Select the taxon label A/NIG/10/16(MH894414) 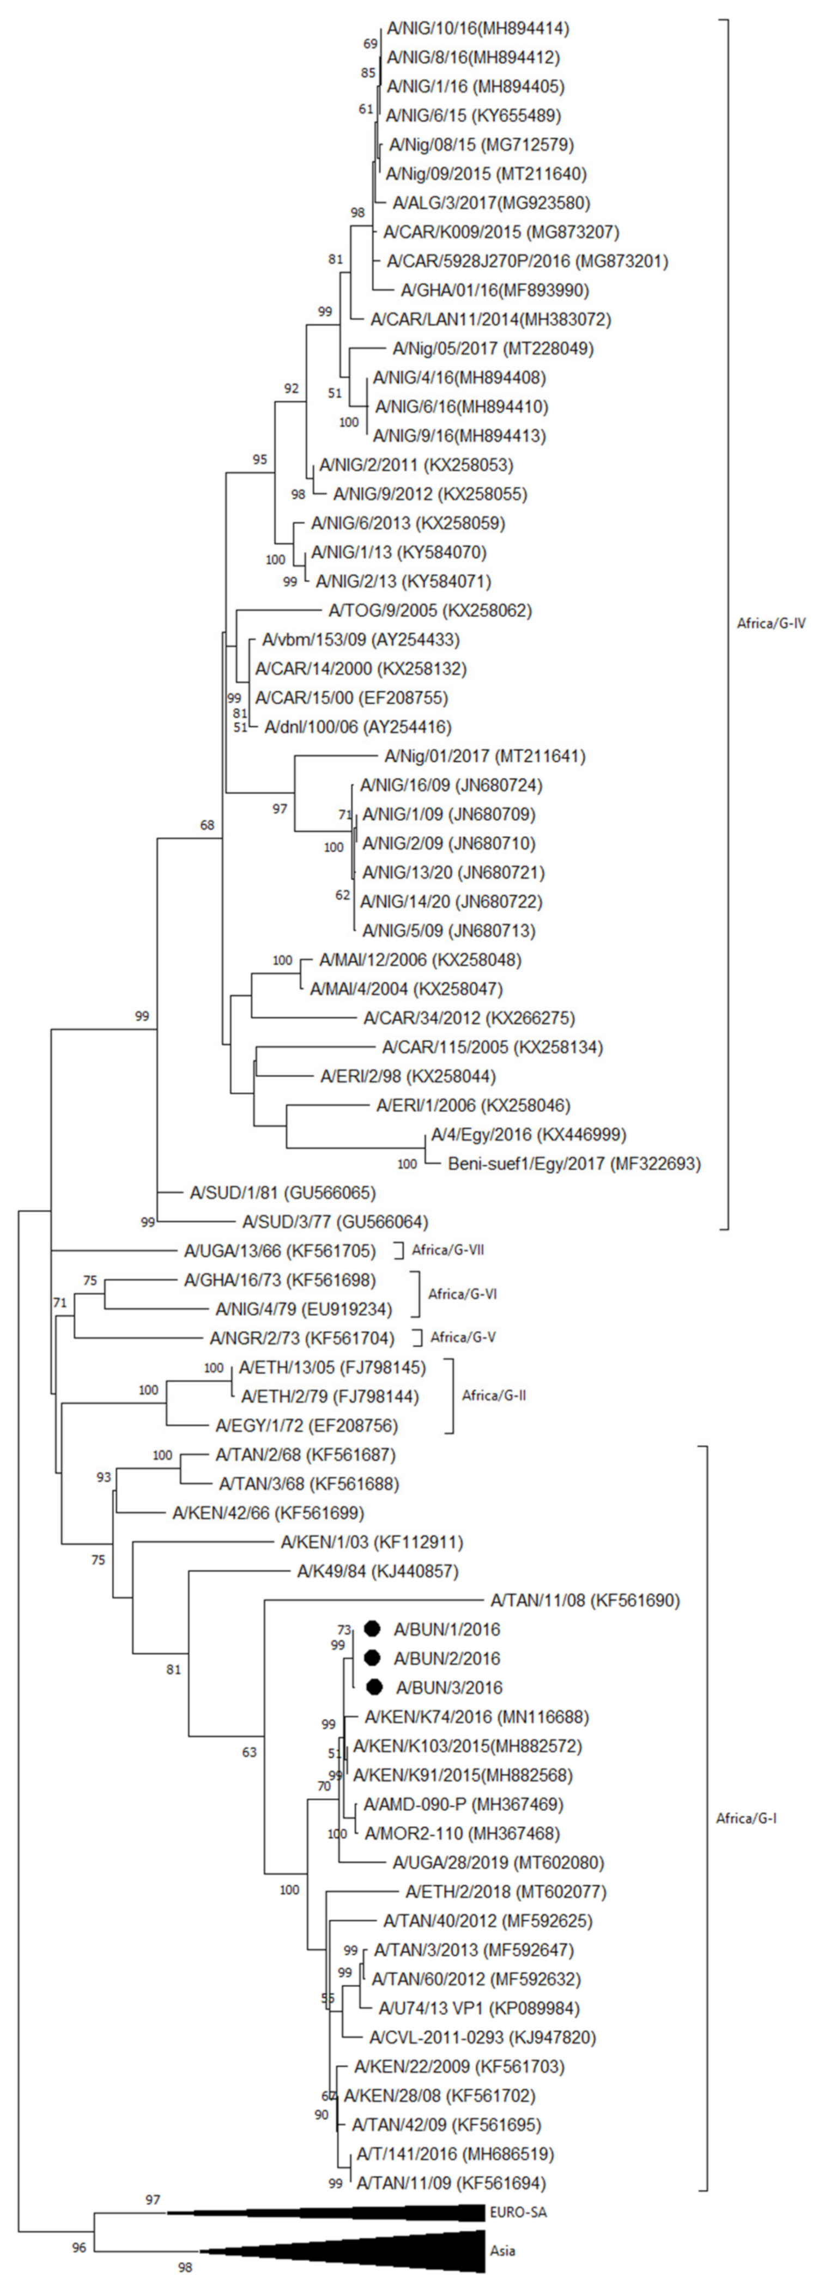pos(477,28)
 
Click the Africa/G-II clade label pos(493,1395)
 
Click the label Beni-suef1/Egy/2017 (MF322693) pos(573,1163)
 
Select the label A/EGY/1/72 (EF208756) pos(307,1425)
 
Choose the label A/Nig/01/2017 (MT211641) pos(484,756)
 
